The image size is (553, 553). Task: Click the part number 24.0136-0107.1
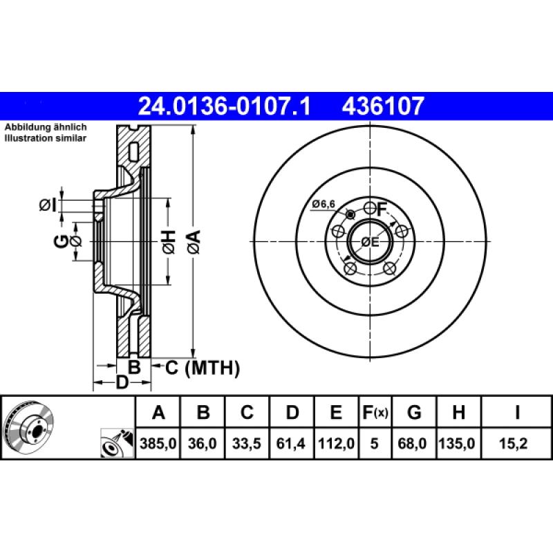click(x=225, y=106)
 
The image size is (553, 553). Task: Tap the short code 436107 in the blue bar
click(x=382, y=106)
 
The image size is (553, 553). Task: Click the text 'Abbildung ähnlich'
click(x=46, y=128)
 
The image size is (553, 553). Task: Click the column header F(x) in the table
click(x=375, y=413)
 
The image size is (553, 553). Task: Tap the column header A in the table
click(x=158, y=413)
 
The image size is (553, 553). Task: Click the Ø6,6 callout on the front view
click(x=324, y=204)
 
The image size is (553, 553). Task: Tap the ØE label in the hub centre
click(x=371, y=242)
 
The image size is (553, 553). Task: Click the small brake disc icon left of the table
click(x=28, y=427)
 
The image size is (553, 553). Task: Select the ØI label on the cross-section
click(x=48, y=204)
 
